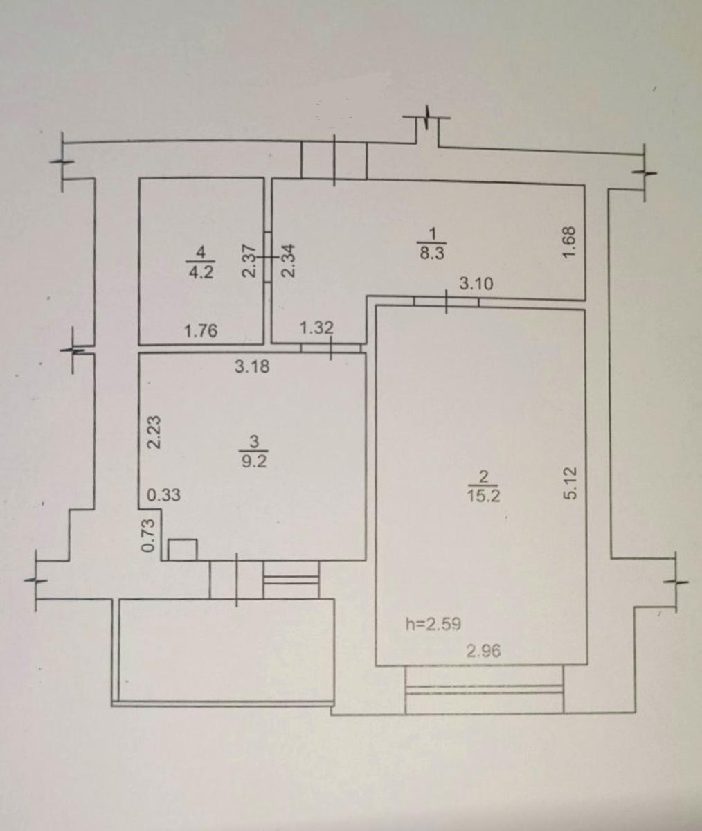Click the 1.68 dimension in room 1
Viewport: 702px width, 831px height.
(x=570, y=242)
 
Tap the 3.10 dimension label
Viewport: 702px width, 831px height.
(x=476, y=284)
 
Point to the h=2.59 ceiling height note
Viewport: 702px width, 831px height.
(x=433, y=624)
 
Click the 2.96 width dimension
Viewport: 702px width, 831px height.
(x=483, y=651)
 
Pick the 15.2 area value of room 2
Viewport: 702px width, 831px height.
(x=484, y=496)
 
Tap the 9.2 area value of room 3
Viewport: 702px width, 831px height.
(x=254, y=462)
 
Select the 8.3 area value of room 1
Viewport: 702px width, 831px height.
(x=432, y=253)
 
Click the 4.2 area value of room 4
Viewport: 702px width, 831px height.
(x=201, y=273)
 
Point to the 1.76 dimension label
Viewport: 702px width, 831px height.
(x=201, y=331)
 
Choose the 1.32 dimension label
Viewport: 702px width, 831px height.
(x=316, y=328)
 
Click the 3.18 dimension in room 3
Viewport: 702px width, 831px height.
(x=252, y=366)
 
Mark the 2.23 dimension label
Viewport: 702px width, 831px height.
(x=154, y=432)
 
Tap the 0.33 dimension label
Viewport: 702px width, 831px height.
(x=163, y=495)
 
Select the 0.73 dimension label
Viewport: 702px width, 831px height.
(x=147, y=535)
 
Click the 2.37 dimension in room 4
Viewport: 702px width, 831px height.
(x=249, y=260)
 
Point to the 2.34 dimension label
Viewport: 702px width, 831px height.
(x=288, y=260)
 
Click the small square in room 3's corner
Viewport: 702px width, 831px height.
(x=182, y=550)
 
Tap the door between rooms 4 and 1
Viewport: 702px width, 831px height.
(x=268, y=258)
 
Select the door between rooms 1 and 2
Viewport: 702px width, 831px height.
(x=446, y=302)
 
